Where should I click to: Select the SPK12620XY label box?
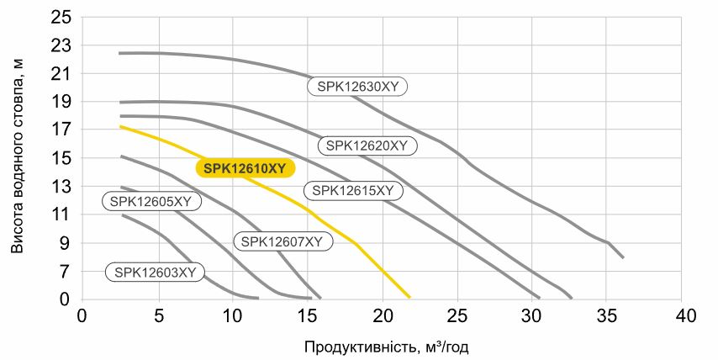point(367,146)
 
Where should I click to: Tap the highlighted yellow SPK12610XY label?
point(245,168)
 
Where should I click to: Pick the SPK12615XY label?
point(352,191)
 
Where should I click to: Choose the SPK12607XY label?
point(282,241)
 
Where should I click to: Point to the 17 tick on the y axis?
point(64,130)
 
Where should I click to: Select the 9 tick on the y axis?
point(67,243)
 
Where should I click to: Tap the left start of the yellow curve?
point(120,126)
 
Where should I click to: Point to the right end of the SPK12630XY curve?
point(622,257)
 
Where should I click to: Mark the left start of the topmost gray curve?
point(120,53)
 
